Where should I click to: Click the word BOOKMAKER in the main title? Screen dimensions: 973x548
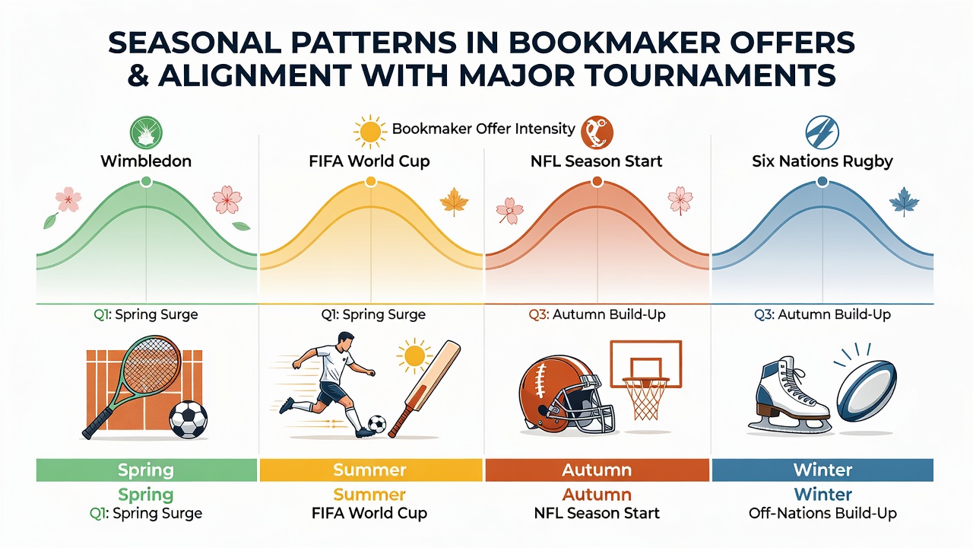(x=569, y=43)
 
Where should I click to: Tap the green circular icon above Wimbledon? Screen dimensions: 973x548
(x=146, y=132)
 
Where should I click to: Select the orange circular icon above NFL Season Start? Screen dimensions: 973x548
(x=597, y=132)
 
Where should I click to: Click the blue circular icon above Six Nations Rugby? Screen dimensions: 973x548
(x=822, y=132)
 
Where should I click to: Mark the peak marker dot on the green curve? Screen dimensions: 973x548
(x=147, y=181)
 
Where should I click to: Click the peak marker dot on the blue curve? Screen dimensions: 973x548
(x=822, y=181)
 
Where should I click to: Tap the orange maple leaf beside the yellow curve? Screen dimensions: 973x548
(x=454, y=202)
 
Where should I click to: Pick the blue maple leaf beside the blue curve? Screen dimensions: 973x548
(x=904, y=202)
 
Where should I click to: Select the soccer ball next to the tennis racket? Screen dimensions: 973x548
(x=188, y=419)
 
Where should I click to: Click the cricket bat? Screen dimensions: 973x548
(x=424, y=388)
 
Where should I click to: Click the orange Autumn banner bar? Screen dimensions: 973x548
(x=597, y=470)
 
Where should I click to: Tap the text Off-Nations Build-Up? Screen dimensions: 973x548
(x=822, y=514)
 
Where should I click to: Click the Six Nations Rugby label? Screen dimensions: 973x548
(x=822, y=161)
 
